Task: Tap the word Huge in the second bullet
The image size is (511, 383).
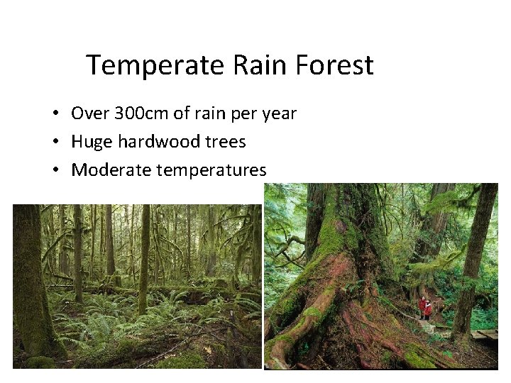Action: pos(92,143)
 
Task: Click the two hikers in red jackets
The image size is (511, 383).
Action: pos(425,308)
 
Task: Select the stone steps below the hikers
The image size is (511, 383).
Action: pos(428,328)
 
